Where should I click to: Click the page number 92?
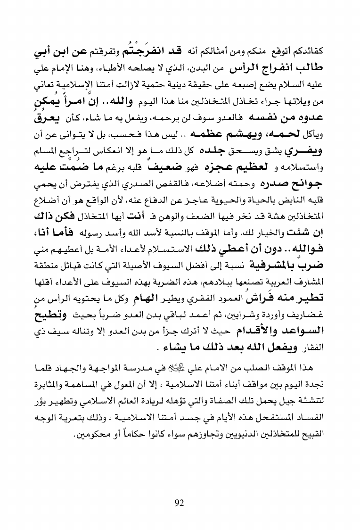pos(179,476)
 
